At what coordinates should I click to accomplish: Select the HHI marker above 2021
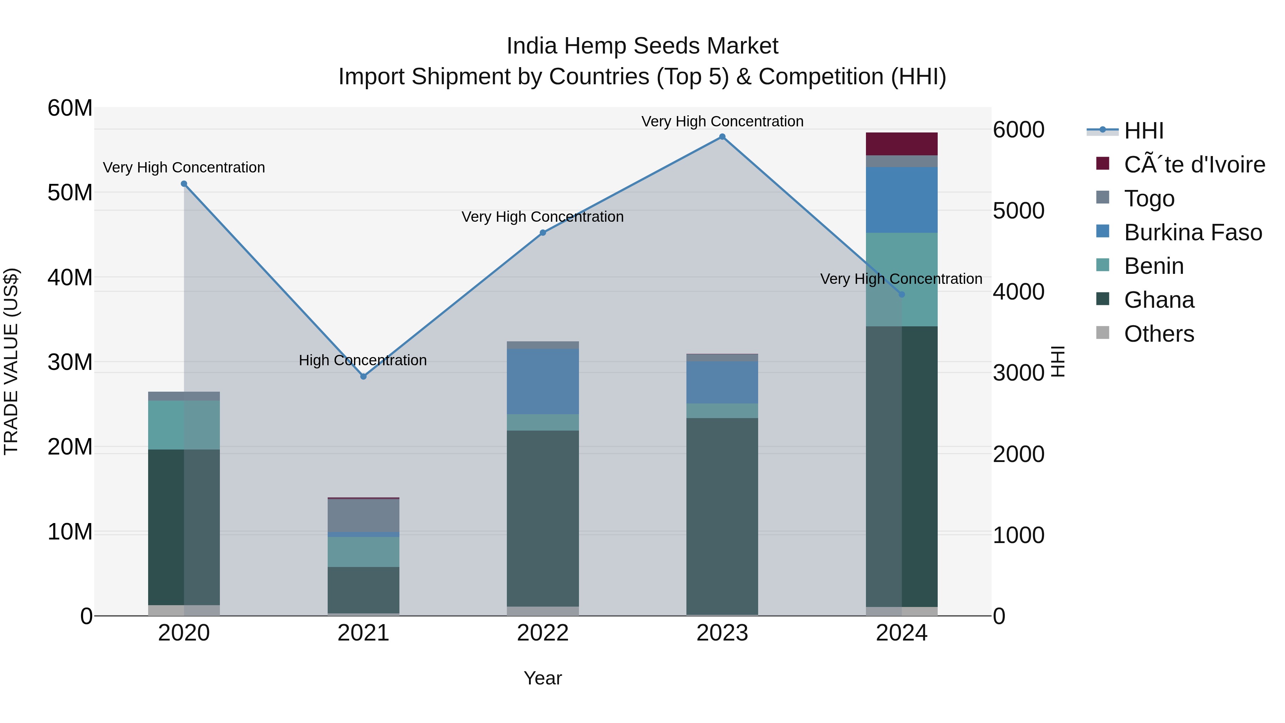(x=363, y=376)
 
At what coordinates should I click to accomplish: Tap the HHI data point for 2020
(x=184, y=184)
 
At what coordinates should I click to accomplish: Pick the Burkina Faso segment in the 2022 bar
(x=543, y=381)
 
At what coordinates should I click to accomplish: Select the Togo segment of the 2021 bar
(x=363, y=516)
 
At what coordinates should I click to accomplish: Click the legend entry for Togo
(x=1149, y=199)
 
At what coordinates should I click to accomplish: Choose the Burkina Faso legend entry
(x=1193, y=232)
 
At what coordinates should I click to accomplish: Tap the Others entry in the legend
(x=1159, y=334)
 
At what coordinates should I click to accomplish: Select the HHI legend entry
(x=1143, y=131)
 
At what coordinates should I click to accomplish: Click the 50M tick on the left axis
(x=70, y=192)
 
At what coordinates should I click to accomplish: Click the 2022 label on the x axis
(x=543, y=633)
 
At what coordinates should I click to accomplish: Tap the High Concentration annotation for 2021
(x=363, y=360)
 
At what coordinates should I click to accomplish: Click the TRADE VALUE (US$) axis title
(x=11, y=361)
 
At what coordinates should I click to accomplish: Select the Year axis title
(x=543, y=678)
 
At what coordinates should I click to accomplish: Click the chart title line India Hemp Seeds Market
(x=642, y=46)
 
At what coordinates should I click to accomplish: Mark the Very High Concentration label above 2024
(x=901, y=279)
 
